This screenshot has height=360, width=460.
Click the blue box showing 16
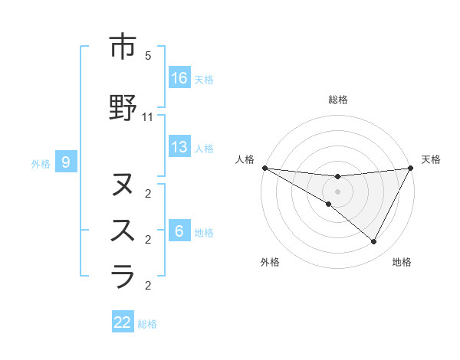(x=179, y=78)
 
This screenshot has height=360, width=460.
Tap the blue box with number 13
(x=179, y=147)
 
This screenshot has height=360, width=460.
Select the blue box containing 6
(x=179, y=231)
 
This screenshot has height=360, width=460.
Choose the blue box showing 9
(x=66, y=162)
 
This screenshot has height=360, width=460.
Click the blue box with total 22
(x=123, y=322)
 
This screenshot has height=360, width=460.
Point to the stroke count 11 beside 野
(x=148, y=117)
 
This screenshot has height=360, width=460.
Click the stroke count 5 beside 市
(x=148, y=56)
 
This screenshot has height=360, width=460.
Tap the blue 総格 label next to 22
(x=148, y=324)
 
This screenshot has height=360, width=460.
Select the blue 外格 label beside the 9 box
(x=41, y=163)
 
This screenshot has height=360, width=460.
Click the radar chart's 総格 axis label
(x=337, y=100)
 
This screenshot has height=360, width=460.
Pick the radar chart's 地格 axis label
(x=402, y=262)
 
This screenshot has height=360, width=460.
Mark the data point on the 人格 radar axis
(x=264, y=167)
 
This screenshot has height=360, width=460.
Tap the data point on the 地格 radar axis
(x=373, y=241)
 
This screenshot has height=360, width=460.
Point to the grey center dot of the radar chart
(x=337, y=191)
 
